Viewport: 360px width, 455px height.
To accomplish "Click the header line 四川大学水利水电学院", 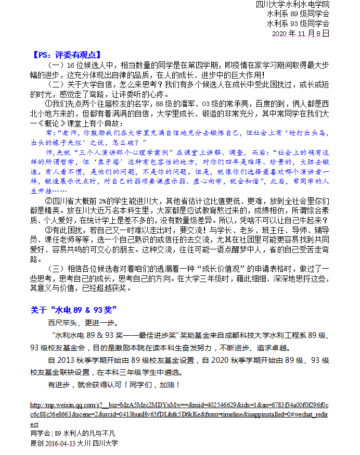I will (293, 5).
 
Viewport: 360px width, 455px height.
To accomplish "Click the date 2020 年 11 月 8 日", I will (301, 33).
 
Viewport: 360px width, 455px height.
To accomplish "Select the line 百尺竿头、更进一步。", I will (79, 323).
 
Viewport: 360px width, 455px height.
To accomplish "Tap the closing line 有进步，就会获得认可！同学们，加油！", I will (113, 385).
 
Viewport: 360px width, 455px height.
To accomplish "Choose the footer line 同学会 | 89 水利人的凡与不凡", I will (73, 433).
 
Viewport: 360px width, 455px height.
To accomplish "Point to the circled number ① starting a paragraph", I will (50, 104).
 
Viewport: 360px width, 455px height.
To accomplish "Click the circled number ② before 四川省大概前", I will (50, 201).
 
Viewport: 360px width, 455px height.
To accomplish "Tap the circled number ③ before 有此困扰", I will (50, 230).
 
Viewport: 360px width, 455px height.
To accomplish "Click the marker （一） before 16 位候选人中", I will (56, 65).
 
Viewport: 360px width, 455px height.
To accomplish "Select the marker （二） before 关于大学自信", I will (56, 84).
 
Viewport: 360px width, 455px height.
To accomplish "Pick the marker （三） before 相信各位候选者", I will (56, 269).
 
